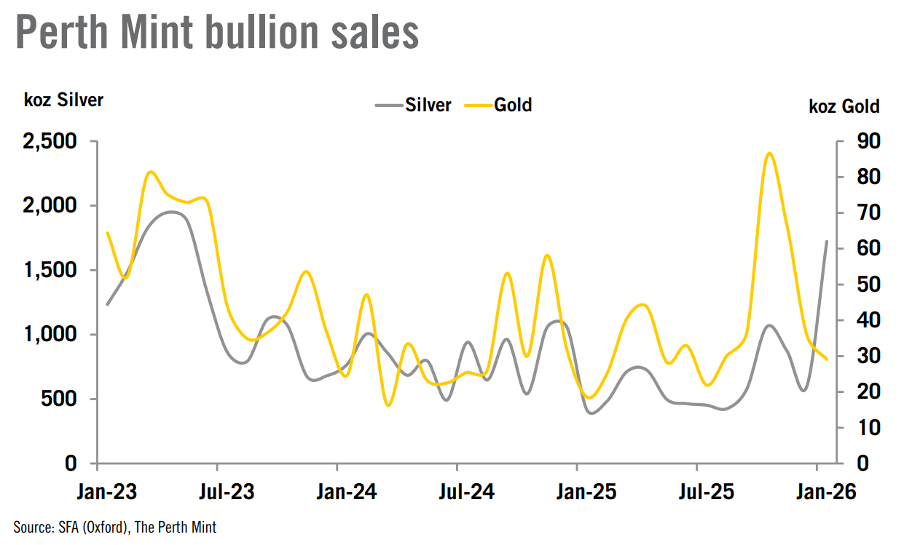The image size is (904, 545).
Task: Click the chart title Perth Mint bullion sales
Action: (217, 32)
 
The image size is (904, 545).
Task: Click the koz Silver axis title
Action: (63, 100)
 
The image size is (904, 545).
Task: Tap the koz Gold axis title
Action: (844, 106)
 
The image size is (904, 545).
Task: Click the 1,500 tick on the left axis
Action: (50, 270)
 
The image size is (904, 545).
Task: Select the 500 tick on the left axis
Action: (60, 399)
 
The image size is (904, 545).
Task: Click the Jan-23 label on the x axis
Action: (106, 492)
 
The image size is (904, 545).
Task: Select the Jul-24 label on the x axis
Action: (466, 492)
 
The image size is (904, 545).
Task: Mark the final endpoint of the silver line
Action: (826, 241)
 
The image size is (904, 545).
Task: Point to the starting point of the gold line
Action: (107, 233)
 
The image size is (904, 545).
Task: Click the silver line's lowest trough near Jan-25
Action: (591, 413)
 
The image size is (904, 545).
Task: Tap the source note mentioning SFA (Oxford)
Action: (115, 528)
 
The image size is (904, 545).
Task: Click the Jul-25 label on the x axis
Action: (707, 492)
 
